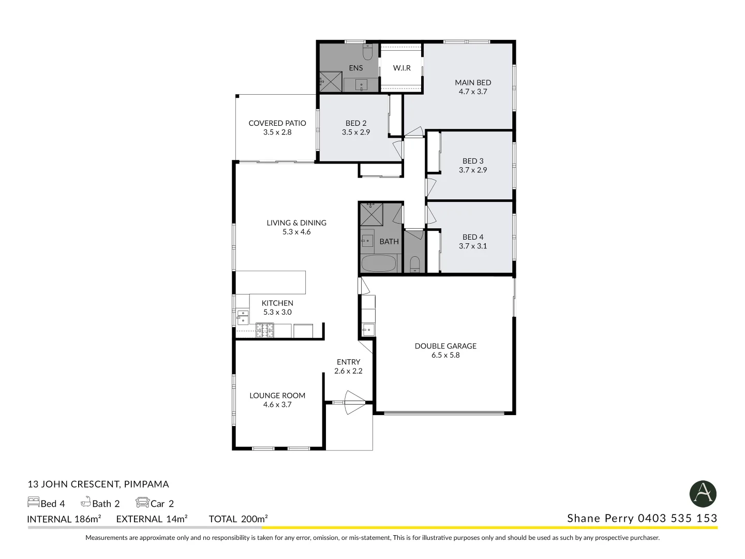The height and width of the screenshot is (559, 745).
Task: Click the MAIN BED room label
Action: [473, 82]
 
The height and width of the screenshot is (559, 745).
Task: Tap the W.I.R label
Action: [401, 68]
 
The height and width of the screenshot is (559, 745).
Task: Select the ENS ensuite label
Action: [355, 68]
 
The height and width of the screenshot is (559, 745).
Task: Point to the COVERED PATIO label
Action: [277, 123]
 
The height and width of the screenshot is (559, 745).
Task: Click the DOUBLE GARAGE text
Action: [445, 346]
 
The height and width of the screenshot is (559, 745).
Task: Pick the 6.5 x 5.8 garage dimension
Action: [445, 355]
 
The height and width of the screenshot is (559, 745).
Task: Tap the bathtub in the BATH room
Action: [378, 263]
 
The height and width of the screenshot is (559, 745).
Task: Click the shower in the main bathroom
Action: [370, 214]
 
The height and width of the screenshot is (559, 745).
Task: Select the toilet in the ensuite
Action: [367, 52]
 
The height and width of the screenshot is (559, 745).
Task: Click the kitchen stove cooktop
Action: [264, 330]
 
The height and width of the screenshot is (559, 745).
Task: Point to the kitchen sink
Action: [242, 317]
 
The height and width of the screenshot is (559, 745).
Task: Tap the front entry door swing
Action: [355, 402]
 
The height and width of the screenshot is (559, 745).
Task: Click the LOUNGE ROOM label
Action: [277, 395]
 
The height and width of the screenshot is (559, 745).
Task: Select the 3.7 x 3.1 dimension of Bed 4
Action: [473, 246]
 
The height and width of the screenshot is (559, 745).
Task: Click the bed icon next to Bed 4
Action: [34, 502]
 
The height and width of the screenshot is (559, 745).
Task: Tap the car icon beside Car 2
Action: [142, 502]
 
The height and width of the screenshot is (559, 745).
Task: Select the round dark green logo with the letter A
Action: [703, 493]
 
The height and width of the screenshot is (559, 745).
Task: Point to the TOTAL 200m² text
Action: [238, 519]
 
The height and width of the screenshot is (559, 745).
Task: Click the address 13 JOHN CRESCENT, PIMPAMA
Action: [98, 484]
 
